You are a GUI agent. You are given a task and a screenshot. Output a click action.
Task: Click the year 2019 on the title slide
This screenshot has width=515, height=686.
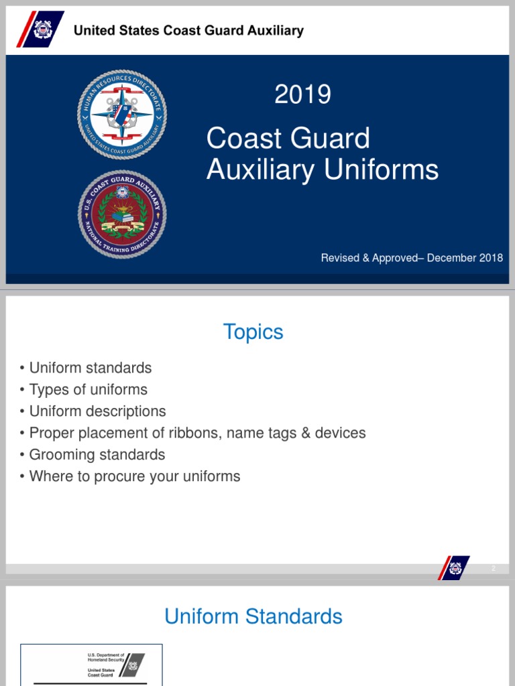pos(302,94)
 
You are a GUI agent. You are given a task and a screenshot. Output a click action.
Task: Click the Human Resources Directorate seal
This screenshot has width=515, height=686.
pos(122,114)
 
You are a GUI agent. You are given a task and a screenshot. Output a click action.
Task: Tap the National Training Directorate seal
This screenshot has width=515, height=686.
pos(122,214)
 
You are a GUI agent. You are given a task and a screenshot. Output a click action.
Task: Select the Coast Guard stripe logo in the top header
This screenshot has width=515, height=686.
pos(42,29)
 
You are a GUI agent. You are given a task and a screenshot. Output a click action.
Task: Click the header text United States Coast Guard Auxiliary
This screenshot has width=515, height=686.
pos(188,30)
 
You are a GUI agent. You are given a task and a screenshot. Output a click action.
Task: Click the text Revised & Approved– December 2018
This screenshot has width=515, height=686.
pos(412,258)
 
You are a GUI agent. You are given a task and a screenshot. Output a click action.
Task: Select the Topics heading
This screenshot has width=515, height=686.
pos(253,332)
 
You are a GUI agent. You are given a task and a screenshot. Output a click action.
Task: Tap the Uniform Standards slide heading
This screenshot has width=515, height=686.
pos(253,616)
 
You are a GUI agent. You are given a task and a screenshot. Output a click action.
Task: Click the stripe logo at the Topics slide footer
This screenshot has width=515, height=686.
pos(454,568)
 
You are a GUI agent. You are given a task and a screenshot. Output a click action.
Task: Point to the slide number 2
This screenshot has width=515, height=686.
pos(494,569)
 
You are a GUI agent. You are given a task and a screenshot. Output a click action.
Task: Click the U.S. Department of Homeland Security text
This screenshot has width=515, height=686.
pos(106,657)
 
